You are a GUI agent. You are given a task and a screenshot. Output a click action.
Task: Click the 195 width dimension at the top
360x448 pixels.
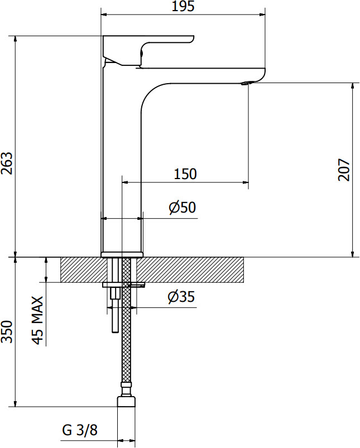pos(183,6)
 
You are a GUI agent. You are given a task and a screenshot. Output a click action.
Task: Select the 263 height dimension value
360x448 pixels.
pos(7,163)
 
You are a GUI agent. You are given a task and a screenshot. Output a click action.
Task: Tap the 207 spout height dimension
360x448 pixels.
pos(344,170)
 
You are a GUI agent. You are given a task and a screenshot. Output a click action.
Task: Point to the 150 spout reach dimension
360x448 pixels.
pos(185,174)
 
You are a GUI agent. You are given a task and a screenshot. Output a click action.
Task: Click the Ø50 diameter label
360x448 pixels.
pos(183,207)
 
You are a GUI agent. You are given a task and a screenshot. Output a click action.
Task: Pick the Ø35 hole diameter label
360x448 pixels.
pos(181,297)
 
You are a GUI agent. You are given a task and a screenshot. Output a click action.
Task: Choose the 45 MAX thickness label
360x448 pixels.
pos(37,320)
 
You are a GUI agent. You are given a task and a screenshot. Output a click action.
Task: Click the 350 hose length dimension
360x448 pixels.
pos(7,332)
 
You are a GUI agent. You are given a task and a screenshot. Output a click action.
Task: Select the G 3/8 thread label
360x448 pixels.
pos(80,430)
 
